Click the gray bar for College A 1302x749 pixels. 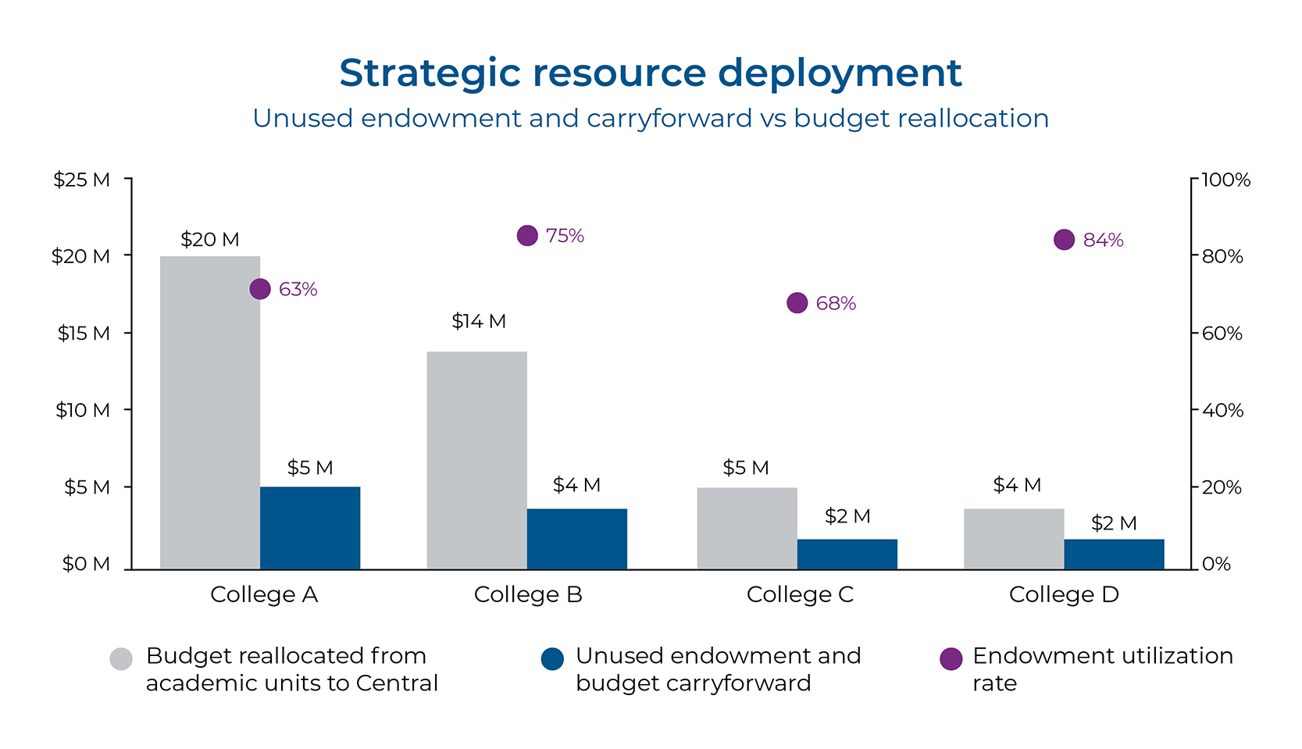point(209,412)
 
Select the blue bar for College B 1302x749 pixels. point(576,538)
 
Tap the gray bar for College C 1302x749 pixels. point(747,528)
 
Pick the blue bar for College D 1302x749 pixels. point(1114,554)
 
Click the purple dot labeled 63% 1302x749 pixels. point(260,289)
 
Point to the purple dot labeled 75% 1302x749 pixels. point(527,235)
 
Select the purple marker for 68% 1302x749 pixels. point(797,303)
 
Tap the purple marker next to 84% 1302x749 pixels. point(1064,240)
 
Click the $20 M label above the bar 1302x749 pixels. point(209,240)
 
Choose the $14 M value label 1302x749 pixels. point(478,321)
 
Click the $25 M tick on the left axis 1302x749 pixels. point(81,180)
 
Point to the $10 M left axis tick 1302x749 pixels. point(82,410)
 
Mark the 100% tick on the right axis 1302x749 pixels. point(1225,180)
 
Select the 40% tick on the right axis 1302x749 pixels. point(1222,410)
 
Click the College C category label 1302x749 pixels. point(800,595)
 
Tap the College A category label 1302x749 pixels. point(264,595)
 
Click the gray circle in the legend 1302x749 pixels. point(121,659)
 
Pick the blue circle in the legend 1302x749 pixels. point(552,659)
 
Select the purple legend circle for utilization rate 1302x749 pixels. point(951,659)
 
